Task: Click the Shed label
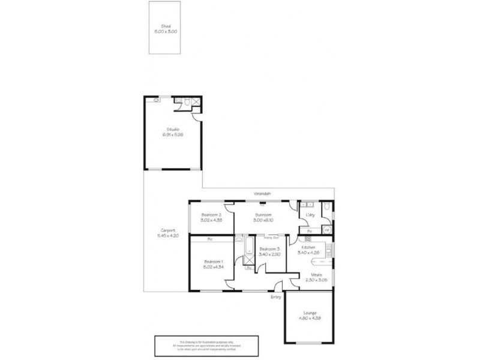click(166, 26)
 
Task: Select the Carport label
click(168, 230)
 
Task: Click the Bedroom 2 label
click(212, 215)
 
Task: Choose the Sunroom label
click(263, 215)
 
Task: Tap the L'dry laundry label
click(311, 215)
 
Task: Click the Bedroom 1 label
click(213, 262)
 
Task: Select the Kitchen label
click(308, 247)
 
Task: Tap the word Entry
click(275, 296)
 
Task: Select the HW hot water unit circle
click(327, 230)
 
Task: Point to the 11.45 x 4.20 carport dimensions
click(168, 235)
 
